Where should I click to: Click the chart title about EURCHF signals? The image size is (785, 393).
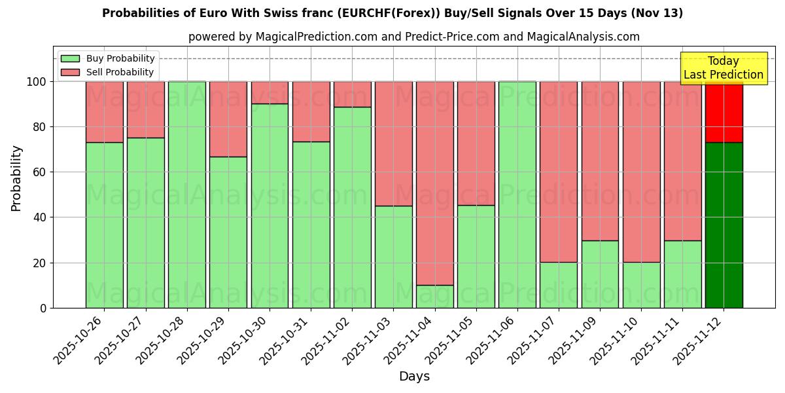[392, 13]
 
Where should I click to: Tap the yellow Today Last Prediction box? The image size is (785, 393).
[724, 68]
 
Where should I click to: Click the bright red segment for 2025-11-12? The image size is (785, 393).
[724, 111]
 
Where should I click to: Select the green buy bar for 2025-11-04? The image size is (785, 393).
[435, 296]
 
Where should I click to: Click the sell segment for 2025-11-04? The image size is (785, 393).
[435, 183]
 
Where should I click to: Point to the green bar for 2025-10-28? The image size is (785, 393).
[187, 195]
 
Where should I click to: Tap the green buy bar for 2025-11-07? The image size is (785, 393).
[559, 285]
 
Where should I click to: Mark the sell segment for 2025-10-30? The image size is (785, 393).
[270, 92]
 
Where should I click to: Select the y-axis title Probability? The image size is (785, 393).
[16, 178]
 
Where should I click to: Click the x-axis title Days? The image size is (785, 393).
[414, 377]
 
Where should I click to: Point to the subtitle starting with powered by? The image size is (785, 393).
[414, 37]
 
